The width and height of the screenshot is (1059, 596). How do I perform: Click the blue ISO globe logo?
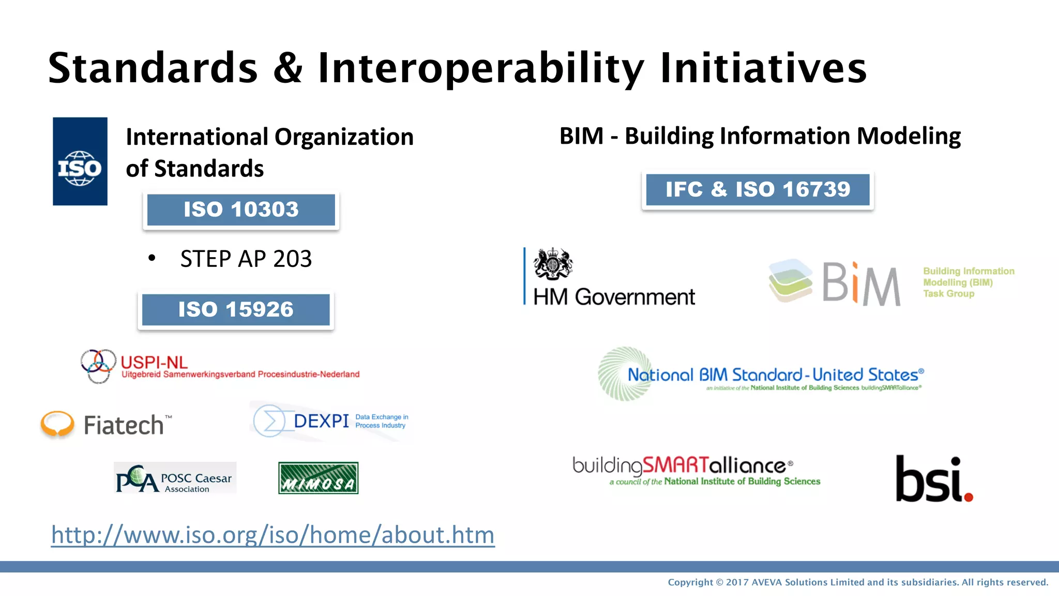(80, 161)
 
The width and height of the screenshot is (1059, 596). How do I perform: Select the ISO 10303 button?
(241, 210)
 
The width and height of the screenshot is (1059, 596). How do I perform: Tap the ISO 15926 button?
(236, 309)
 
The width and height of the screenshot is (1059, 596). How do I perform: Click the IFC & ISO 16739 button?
(758, 189)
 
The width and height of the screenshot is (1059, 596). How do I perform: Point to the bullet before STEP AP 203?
(152, 258)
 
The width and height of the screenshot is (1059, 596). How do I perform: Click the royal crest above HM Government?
(553, 264)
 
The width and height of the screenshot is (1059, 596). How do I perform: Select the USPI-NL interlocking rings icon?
(98, 366)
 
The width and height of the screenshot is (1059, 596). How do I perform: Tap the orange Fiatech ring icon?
(57, 424)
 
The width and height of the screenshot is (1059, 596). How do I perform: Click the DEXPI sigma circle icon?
(269, 421)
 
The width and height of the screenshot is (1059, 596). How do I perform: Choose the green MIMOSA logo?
(318, 478)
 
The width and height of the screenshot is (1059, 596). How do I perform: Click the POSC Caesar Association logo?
(175, 478)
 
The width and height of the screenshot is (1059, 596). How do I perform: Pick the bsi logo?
(934, 480)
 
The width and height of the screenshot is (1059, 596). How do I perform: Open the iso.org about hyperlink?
(273, 535)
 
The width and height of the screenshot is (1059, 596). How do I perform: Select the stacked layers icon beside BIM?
(790, 280)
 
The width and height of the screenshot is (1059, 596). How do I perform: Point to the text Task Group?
(948, 294)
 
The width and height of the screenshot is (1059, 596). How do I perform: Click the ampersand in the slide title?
(288, 68)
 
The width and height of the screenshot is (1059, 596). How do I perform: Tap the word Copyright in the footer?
(690, 583)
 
